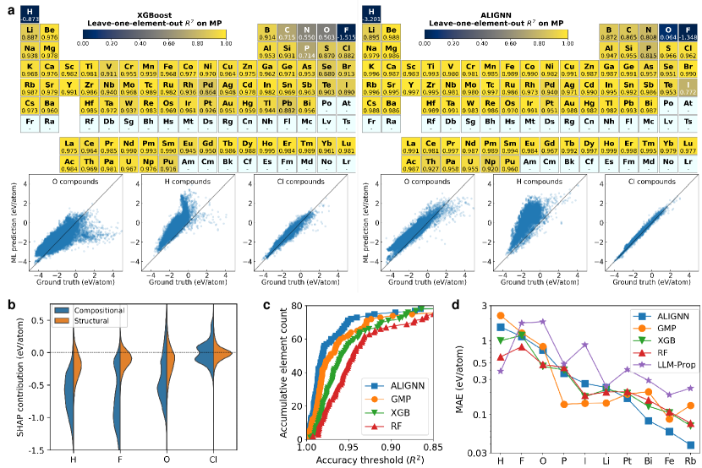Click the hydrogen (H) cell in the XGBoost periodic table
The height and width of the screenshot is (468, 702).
(30, 13)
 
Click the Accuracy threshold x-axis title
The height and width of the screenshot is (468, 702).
(370, 460)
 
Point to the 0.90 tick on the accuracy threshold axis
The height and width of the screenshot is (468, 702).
(391, 448)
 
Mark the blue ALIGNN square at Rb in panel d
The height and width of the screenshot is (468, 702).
(691, 444)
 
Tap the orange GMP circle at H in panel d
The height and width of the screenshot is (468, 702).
(501, 316)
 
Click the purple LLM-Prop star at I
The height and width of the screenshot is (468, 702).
(584, 345)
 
